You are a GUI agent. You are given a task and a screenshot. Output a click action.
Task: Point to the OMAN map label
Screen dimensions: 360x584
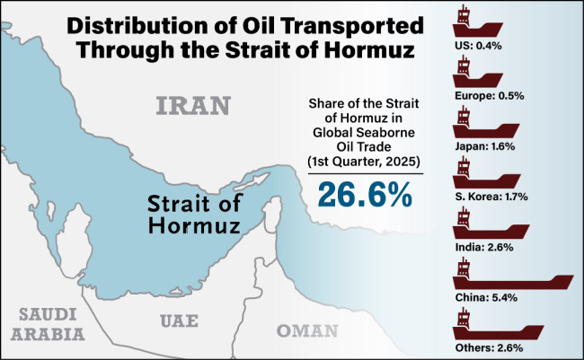coord(308,329)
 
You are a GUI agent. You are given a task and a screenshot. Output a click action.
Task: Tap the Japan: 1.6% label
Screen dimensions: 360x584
coord(486,146)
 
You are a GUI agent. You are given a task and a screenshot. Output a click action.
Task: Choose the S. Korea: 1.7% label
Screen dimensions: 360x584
coord(491,195)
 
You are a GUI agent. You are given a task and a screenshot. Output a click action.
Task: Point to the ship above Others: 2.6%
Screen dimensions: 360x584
coord(481,324)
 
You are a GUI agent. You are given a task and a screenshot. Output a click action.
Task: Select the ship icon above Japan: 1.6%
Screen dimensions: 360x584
coord(476,124)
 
